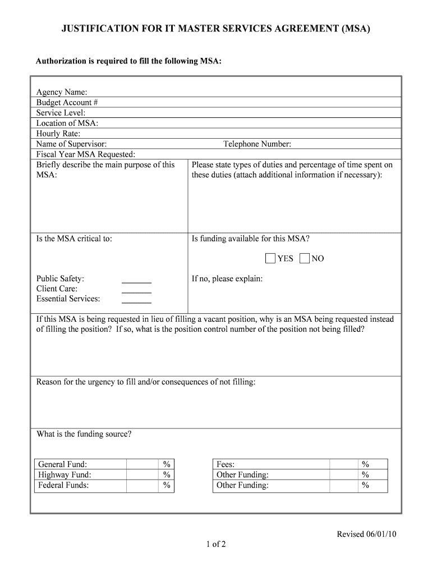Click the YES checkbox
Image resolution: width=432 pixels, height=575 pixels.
270,258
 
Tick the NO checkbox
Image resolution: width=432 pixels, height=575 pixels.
305,258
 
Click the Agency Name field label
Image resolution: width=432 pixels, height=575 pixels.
62,92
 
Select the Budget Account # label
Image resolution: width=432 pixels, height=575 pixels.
67,103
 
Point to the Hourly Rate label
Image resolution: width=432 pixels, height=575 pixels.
58,134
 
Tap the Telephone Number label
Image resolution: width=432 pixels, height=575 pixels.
257,144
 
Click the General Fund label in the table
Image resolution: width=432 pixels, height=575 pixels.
63,464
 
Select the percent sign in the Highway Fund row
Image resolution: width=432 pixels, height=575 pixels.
167,475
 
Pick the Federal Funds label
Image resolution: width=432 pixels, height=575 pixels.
63,485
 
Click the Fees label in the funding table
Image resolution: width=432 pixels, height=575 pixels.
226,464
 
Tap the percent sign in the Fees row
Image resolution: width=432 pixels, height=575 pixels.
365,464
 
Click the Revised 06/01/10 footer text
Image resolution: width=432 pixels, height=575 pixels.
366,534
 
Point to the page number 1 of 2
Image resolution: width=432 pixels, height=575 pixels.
215,544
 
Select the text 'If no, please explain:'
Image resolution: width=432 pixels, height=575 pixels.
227,279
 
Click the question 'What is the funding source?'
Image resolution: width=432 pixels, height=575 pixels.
84,434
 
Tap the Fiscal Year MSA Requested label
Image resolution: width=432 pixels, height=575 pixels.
86,154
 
